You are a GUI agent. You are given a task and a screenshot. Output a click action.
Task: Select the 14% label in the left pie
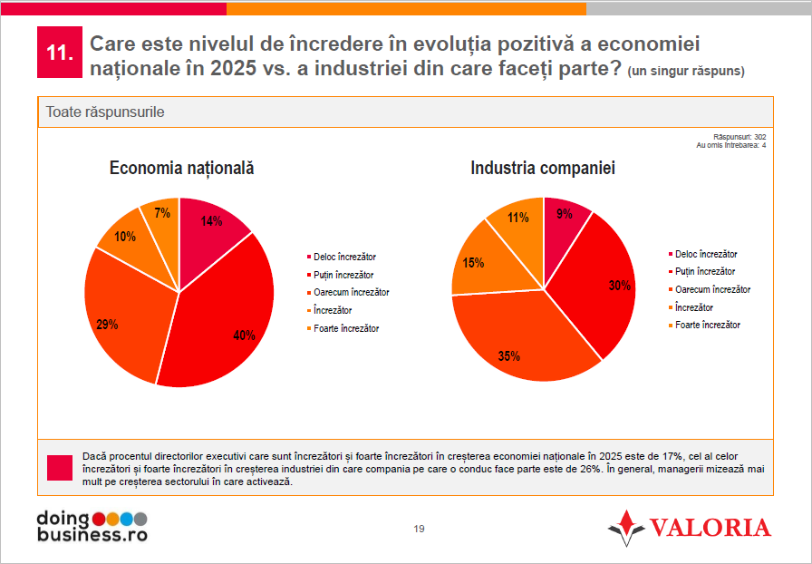pyautogui.click(x=211, y=221)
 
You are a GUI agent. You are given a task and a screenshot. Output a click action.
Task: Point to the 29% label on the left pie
pyautogui.click(x=108, y=324)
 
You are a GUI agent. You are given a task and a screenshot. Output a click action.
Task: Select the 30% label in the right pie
pyautogui.click(x=620, y=286)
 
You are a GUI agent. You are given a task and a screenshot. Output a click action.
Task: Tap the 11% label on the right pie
pyautogui.click(x=518, y=218)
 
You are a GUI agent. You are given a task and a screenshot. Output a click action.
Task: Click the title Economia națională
pyautogui.click(x=181, y=168)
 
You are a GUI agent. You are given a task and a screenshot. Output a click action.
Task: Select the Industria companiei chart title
pyautogui.click(x=543, y=168)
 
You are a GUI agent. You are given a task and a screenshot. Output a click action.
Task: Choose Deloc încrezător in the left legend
pyautogui.click(x=343, y=258)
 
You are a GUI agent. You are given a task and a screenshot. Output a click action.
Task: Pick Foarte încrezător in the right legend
pyautogui.click(x=708, y=325)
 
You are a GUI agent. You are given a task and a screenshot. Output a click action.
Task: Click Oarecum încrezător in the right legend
pyautogui.click(x=712, y=289)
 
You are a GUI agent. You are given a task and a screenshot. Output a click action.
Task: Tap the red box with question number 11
pyautogui.click(x=59, y=53)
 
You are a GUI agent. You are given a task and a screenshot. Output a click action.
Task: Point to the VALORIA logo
pyautogui.click(x=690, y=528)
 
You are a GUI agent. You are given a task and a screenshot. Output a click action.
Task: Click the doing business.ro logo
pyautogui.click(x=91, y=526)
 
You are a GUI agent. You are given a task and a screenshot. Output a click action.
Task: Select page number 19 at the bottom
pyautogui.click(x=419, y=530)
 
